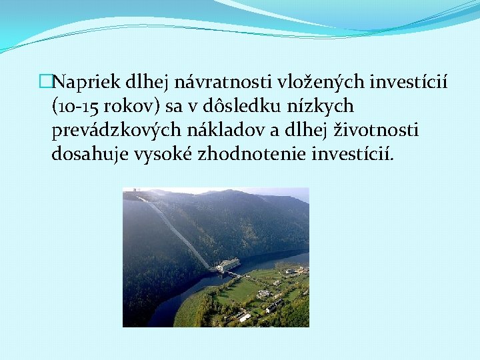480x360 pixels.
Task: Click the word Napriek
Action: pos(83,83)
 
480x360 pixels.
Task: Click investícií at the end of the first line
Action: pos(409,83)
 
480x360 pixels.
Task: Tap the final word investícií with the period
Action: pos(354,155)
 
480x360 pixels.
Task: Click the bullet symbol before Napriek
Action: pos(45,83)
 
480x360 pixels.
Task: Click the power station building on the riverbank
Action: pos(228,265)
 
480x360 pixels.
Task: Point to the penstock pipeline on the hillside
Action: pos(177,230)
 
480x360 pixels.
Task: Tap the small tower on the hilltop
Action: pos(133,194)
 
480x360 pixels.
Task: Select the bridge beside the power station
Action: pos(235,273)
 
